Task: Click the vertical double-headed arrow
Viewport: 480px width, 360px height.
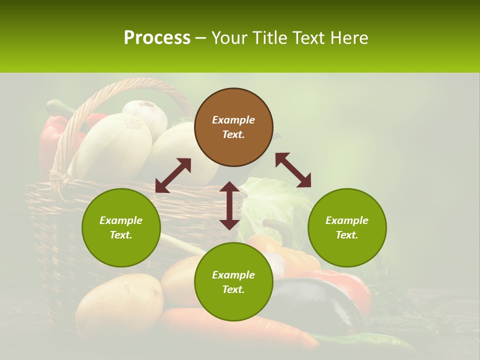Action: pos(229,205)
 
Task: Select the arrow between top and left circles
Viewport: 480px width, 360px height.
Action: pos(173,175)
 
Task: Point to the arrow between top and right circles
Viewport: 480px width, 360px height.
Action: pos(293,170)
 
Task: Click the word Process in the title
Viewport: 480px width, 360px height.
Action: pos(157,37)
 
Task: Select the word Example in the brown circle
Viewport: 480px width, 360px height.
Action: pos(233,120)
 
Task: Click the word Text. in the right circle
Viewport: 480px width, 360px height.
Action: pos(347,235)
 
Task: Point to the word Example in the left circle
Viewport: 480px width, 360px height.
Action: pos(121,220)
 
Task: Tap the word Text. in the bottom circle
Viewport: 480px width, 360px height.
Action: pos(233,289)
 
